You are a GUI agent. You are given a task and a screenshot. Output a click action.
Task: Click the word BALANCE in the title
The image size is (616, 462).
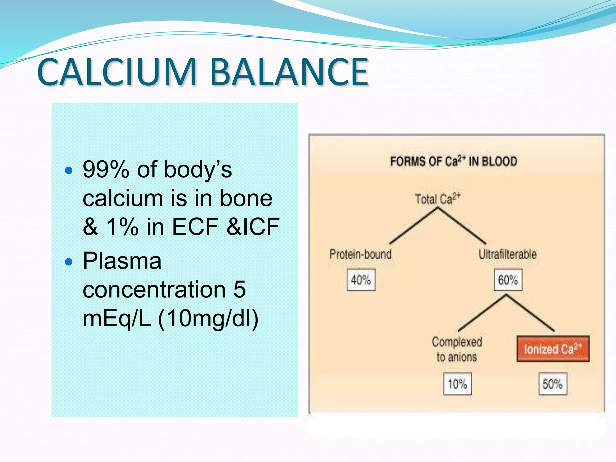click(x=289, y=72)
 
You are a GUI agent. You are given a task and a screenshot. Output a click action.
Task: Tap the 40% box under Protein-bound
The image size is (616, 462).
click(x=361, y=280)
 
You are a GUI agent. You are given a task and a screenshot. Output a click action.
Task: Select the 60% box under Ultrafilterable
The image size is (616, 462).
click(x=508, y=280)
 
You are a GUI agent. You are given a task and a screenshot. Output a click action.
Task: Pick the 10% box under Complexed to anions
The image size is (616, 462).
click(x=457, y=384)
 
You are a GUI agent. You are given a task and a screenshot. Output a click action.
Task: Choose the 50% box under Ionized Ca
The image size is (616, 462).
click(x=553, y=384)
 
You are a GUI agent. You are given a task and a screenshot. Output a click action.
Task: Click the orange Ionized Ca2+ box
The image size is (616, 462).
click(x=553, y=349)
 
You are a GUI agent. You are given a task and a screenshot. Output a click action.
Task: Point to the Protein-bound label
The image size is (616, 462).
click(x=361, y=254)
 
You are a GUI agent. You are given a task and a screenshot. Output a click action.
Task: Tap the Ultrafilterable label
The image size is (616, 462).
click(x=508, y=254)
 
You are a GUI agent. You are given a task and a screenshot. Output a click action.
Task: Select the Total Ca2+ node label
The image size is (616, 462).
click(x=437, y=199)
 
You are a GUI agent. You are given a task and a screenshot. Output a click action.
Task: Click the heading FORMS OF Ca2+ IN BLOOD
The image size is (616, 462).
click(x=454, y=162)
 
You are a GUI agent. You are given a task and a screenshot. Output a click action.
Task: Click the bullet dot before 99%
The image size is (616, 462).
click(x=69, y=171)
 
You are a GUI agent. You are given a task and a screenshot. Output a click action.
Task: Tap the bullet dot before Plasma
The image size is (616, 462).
click(x=69, y=262)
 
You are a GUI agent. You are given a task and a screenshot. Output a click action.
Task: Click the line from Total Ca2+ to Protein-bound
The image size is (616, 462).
click(x=414, y=226)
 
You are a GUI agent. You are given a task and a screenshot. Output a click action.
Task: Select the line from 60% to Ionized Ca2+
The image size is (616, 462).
click(x=530, y=313)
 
